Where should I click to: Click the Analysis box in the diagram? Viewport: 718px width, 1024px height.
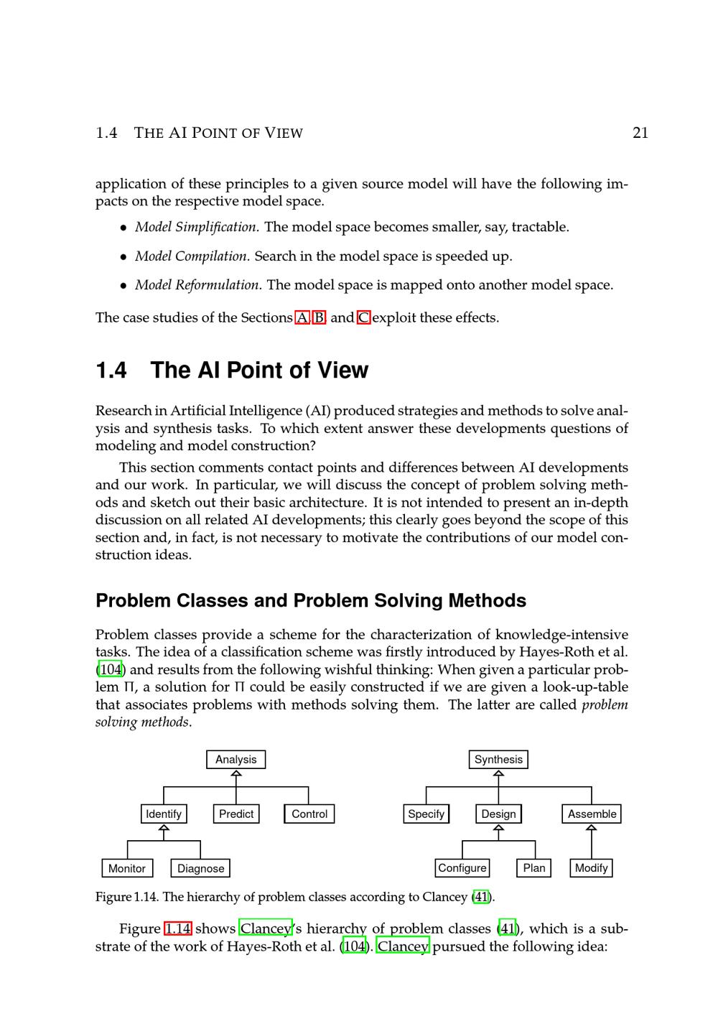(x=236, y=760)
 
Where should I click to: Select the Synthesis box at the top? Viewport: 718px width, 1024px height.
(x=498, y=760)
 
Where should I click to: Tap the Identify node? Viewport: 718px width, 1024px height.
(x=164, y=814)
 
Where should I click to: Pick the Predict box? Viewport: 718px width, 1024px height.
(x=236, y=814)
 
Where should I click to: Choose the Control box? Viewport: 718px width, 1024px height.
(x=309, y=814)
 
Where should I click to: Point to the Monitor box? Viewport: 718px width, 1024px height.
(x=127, y=868)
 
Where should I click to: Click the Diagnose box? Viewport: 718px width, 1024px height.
(x=200, y=868)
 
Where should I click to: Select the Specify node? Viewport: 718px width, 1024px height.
(x=426, y=814)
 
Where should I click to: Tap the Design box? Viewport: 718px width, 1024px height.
(x=498, y=814)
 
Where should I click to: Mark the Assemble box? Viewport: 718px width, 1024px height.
(x=592, y=814)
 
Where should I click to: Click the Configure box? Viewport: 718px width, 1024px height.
(x=462, y=868)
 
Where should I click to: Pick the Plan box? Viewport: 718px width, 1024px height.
(x=534, y=868)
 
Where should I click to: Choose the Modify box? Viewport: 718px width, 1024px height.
(x=592, y=868)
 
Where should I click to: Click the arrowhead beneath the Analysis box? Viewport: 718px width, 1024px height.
(x=236, y=773)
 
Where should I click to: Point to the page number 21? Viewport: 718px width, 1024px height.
(x=640, y=133)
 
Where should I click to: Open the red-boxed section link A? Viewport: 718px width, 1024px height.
(x=302, y=317)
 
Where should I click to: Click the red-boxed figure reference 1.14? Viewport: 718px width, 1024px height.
(x=177, y=928)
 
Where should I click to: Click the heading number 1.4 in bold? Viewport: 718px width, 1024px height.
(x=111, y=371)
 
